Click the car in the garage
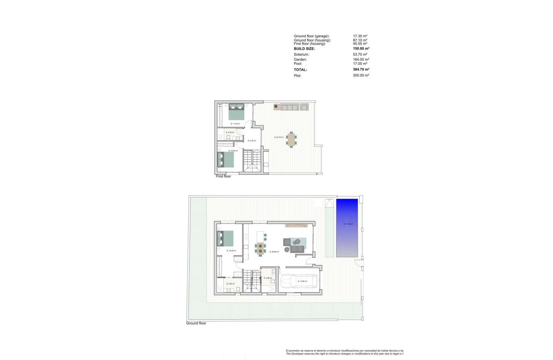[x=299, y=282]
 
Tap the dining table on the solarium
[x=292, y=139]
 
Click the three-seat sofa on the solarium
[x=290, y=107]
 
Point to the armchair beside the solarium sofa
[x=304, y=107]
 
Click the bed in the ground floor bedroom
[x=226, y=238]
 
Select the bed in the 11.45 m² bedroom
[x=236, y=111]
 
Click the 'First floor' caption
[x=223, y=176]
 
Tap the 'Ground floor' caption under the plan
[x=196, y=323]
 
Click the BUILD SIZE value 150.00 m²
[x=361, y=49]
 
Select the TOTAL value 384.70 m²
[x=361, y=69]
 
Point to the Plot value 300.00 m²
[x=361, y=75]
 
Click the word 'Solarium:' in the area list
[x=301, y=54]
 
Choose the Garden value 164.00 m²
[x=361, y=60]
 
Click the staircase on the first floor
[x=252, y=161]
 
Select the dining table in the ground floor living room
[x=260, y=248]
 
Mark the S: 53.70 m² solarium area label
[x=279, y=138]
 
